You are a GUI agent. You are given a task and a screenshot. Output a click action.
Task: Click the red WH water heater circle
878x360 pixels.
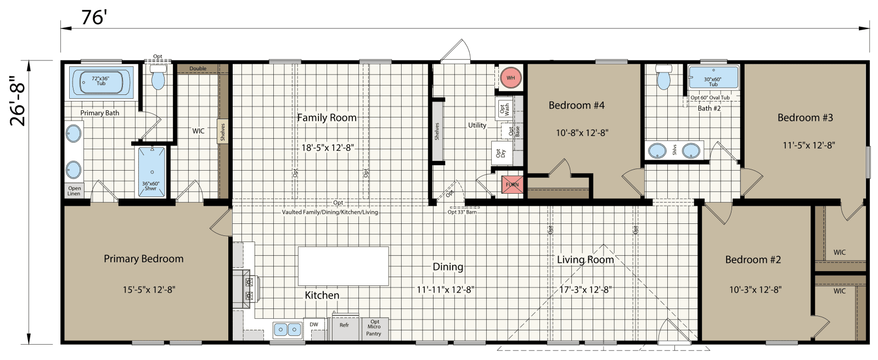pos(510,78)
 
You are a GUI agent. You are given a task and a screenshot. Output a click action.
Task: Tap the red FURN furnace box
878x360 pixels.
pos(512,185)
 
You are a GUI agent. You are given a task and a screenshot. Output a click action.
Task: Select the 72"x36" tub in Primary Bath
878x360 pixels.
pos(101,82)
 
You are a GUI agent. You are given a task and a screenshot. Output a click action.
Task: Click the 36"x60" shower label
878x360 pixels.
pos(151,186)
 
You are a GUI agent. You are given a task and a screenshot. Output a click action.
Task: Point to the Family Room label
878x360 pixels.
pos(327,117)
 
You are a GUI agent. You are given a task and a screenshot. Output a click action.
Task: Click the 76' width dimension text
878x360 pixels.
pos(93,18)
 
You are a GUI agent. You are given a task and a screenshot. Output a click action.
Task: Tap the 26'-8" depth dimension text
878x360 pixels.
pos(18,101)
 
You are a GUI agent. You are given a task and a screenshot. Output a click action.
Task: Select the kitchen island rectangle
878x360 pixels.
pos(343,266)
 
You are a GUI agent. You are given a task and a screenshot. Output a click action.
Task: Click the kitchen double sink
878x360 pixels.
pos(288,329)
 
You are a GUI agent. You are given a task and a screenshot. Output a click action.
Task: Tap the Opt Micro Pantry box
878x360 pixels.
pos(374,328)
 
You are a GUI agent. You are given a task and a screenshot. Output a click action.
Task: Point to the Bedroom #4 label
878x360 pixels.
pos(576,105)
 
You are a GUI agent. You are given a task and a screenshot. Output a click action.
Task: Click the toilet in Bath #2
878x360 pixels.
pos(663,77)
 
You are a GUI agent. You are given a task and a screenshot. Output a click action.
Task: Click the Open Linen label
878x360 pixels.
pos(74,190)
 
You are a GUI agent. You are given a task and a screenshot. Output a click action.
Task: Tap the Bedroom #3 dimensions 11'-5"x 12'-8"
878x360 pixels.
pos(808,145)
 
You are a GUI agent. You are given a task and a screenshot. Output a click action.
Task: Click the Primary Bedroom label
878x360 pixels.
pos(143,259)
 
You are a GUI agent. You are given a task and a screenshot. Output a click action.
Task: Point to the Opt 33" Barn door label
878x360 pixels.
pos(462,212)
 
